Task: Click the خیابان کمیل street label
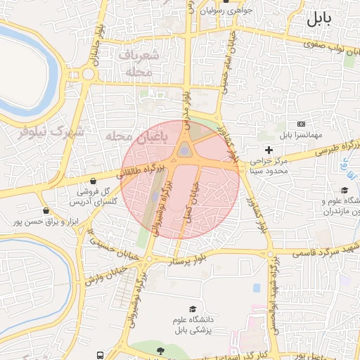188,196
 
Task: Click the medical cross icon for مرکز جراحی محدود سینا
269,150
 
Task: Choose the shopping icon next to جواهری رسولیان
191,12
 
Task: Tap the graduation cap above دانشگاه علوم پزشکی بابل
193,309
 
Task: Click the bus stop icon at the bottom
101,355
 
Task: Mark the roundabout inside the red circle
184,150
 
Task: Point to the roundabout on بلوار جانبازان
89,73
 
